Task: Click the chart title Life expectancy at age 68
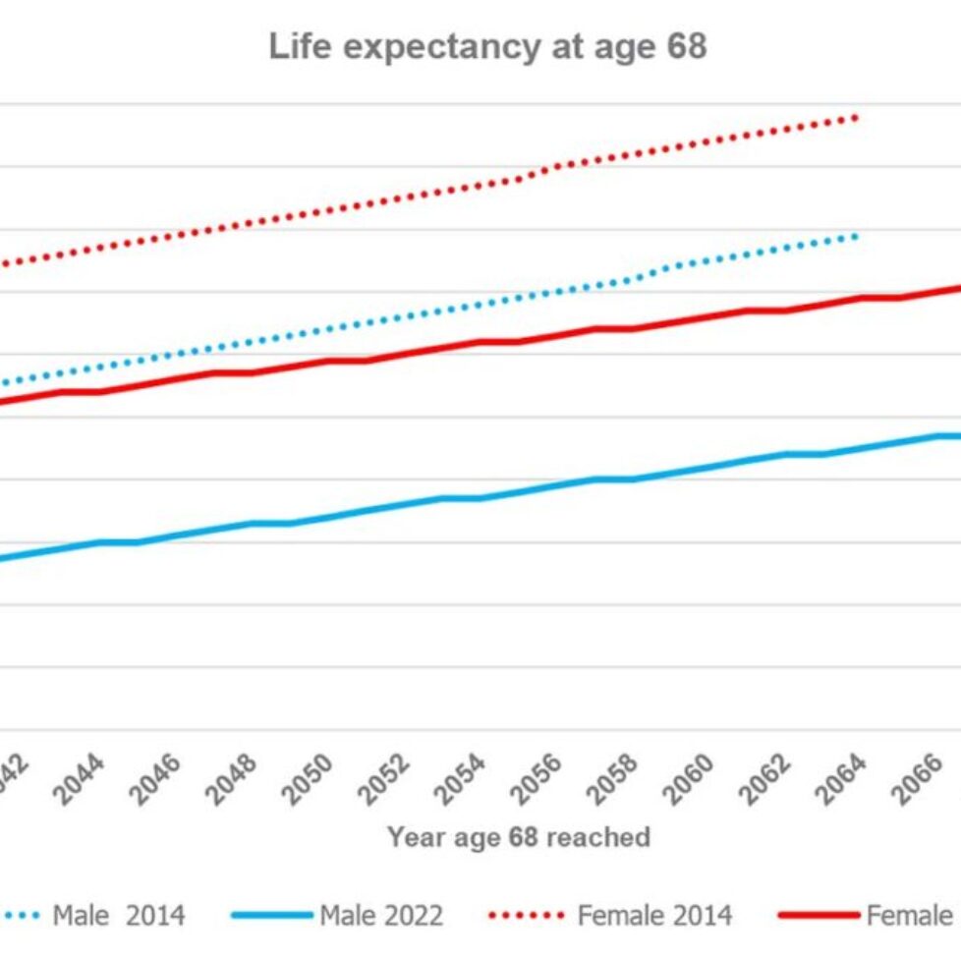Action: tap(487, 47)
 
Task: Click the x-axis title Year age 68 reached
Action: tap(519, 837)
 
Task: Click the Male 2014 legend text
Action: tap(118, 916)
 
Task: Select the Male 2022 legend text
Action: tap(381, 916)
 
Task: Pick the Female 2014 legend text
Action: tap(654, 916)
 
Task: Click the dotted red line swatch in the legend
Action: tap(527, 916)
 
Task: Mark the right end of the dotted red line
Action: tap(856, 118)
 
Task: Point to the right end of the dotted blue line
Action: tap(856, 236)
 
